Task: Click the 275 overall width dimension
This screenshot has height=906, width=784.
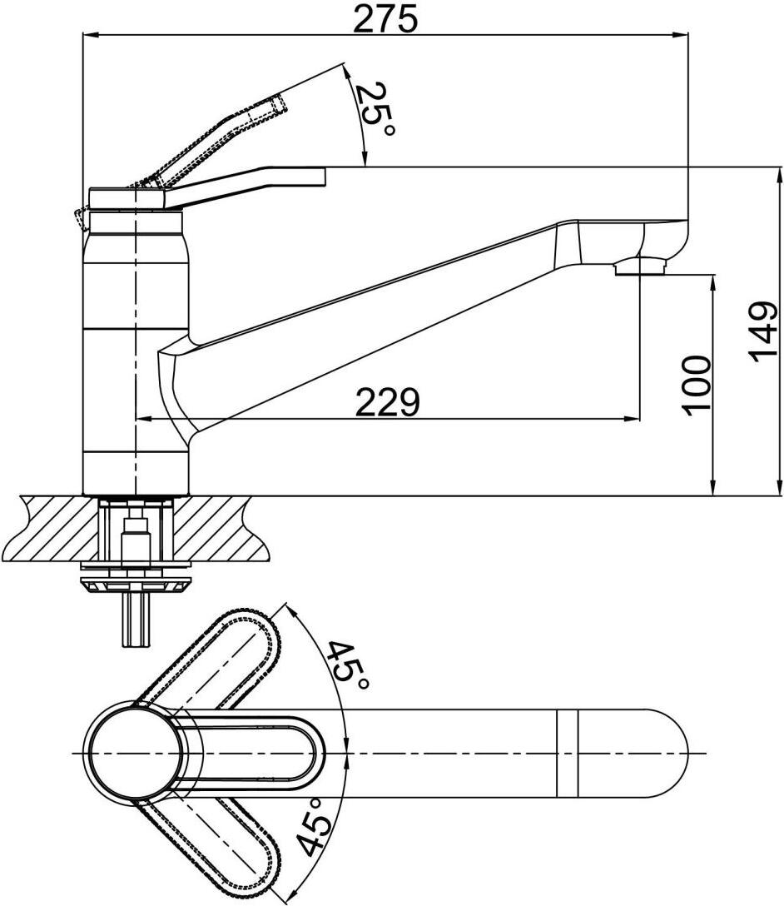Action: (x=385, y=19)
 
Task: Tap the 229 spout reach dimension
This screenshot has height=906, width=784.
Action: (x=387, y=402)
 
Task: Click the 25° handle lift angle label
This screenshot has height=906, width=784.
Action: (x=374, y=108)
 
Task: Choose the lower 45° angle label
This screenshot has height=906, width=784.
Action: (x=311, y=826)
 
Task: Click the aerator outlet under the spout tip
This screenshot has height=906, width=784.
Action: (x=640, y=266)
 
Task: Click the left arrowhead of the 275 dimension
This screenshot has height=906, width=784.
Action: (x=92, y=35)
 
